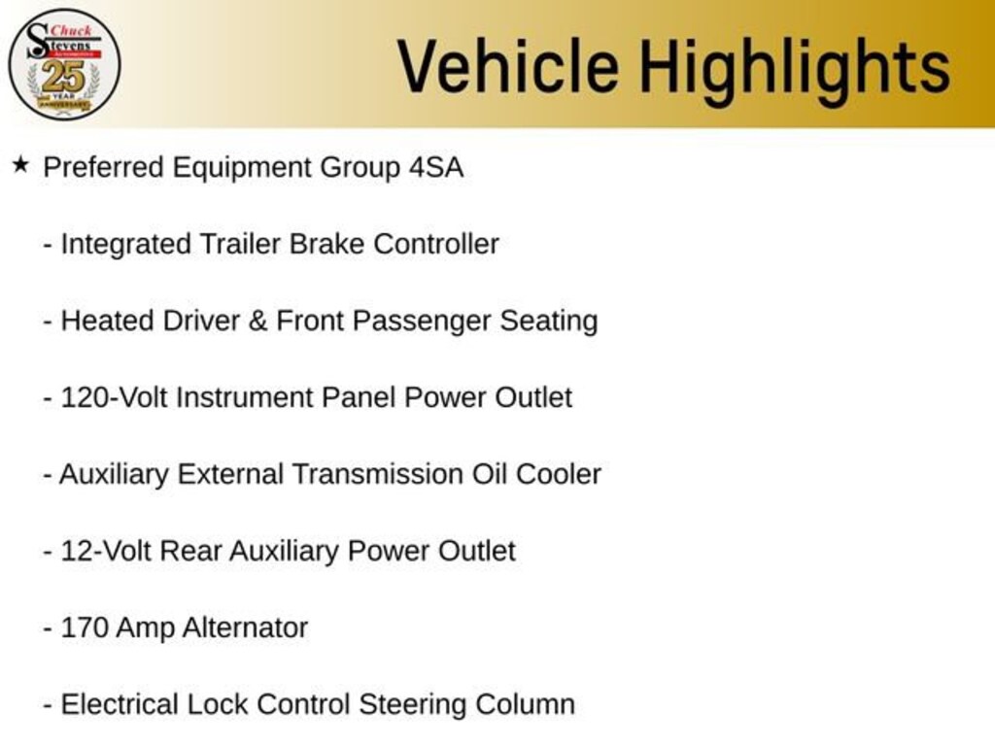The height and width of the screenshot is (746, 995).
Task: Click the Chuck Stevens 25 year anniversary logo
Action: (x=64, y=65)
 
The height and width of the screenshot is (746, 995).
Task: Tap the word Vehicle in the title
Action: (x=508, y=66)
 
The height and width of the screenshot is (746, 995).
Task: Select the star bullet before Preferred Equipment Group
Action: (x=21, y=165)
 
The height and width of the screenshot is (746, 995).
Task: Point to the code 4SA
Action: (x=436, y=167)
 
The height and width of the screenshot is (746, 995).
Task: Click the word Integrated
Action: (x=125, y=245)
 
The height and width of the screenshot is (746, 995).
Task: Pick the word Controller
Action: (x=436, y=244)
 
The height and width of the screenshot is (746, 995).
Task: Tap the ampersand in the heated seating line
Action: (x=257, y=321)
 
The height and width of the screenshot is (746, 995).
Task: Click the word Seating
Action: (x=549, y=322)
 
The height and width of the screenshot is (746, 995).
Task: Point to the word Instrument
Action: (x=244, y=397)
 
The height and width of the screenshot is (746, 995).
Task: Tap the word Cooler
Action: (x=559, y=474)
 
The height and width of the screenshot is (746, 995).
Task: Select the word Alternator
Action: (x=245, y=628)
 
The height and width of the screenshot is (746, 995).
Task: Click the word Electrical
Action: (x=120, y=705)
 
